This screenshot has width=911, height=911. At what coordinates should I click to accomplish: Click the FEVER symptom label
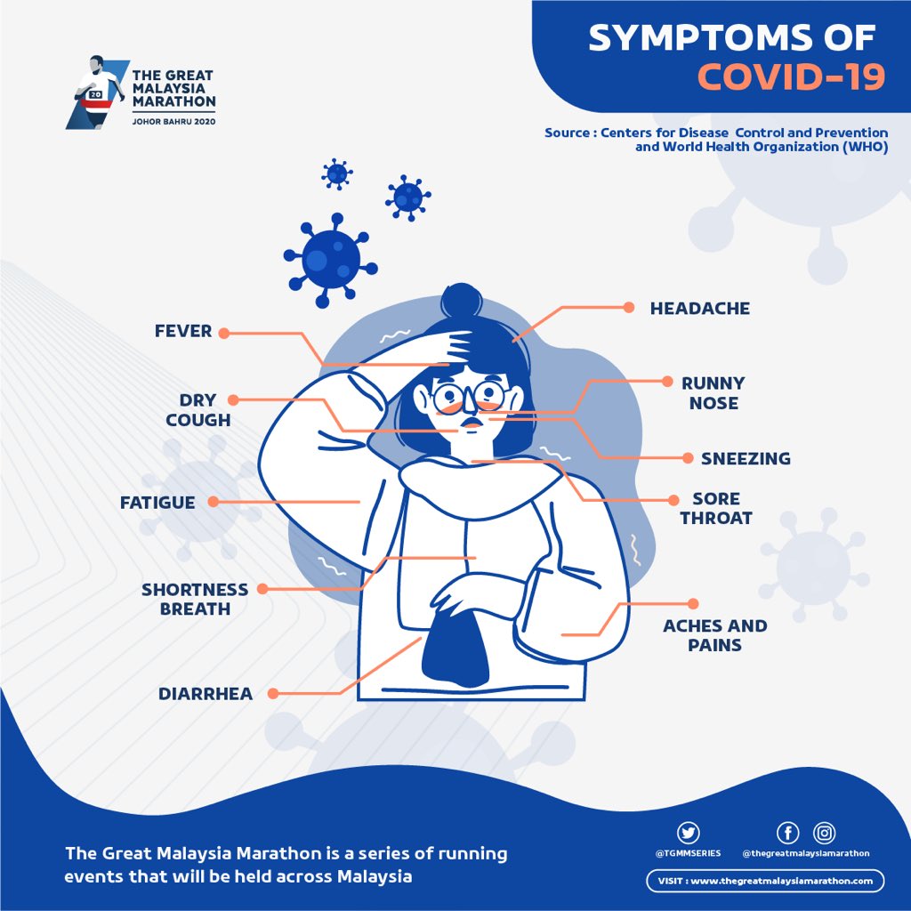point(183,331)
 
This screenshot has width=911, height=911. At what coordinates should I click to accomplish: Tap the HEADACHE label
point(699,309)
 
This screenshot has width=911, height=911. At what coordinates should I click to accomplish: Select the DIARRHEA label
point(206,693)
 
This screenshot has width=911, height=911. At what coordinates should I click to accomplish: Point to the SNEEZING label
point(745,459)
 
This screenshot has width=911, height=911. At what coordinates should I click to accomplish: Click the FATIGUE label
point(157,503)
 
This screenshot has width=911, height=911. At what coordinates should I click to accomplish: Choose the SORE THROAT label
point(716,508)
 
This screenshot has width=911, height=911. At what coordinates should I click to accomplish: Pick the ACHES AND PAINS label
point(714,635)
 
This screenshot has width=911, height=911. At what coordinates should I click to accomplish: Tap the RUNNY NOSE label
point(713,392)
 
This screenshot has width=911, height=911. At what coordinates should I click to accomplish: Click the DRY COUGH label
point(198,410)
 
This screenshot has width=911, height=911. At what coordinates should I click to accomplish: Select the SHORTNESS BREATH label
point(195,599)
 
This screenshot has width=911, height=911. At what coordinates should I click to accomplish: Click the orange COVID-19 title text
point(790,77)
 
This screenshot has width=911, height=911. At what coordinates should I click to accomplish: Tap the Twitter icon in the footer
point(688,833)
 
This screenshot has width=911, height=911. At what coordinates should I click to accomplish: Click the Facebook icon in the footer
point(787,833)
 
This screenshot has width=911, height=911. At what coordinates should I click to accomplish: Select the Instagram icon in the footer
point(826,833)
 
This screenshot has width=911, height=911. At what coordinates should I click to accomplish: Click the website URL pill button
point(765,881)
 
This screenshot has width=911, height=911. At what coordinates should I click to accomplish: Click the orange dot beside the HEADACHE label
point(628,308)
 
